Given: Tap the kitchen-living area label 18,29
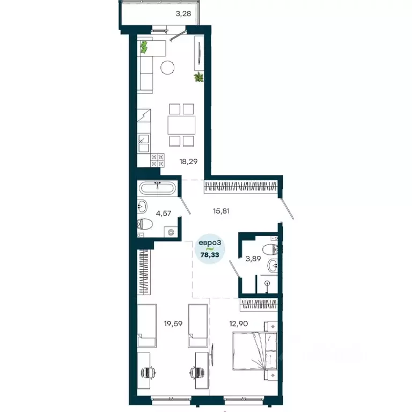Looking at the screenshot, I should [188, 160].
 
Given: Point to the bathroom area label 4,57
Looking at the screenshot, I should [164, 214].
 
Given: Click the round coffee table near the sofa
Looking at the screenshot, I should [168, 68].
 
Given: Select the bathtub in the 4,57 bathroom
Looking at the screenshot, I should [156, 189].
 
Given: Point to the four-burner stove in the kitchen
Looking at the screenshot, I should [157, 158].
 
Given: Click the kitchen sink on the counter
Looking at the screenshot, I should [144, 141].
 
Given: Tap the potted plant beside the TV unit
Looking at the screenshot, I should [199, 78].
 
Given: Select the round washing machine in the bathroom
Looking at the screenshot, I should [171, 232].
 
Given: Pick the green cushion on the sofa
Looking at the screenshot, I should [144, 47].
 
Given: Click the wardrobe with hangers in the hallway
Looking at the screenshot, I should [241, 188].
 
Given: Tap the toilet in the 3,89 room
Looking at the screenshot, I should [270, 247].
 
